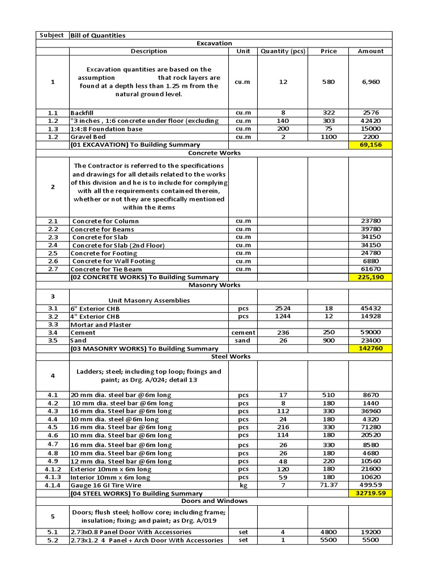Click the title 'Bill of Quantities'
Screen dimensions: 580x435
click(98, 35)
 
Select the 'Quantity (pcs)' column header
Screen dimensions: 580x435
click(283, 51)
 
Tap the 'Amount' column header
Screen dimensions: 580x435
click(370, 51)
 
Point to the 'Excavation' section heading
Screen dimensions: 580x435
click(214, 43)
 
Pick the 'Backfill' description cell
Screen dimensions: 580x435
click(83, 113)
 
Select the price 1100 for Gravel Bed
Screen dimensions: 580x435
click(329, 137)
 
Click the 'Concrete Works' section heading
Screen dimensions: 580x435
click(214, 153)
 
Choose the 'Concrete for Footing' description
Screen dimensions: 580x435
click(104, 253)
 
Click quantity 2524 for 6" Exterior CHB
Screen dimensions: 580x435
click(283, 308)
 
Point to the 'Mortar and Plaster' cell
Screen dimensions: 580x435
click(101, 325)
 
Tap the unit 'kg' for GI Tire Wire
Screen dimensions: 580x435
click(243, 485)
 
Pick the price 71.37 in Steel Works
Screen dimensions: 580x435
click(329, 485)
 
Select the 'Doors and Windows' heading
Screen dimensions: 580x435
click(214, 501)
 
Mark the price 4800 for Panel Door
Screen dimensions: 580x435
click(329, 532)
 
